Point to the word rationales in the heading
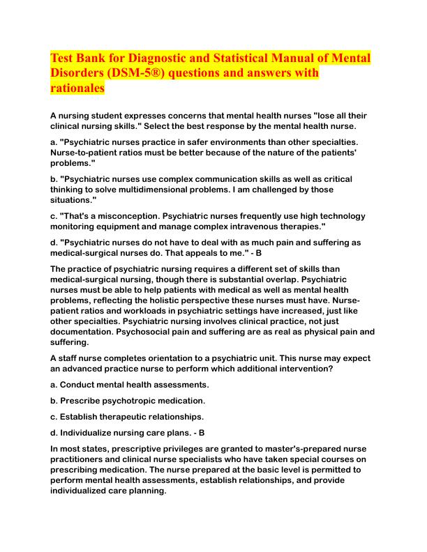tap(77, 89)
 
